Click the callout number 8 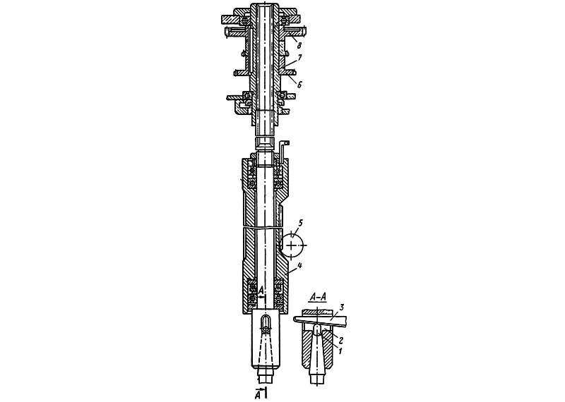[299, 45]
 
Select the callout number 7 [299, 58]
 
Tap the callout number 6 [299, 85]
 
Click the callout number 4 [299, 267]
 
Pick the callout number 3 [342, 307]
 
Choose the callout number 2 [340, 339]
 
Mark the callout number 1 [339, 349]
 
